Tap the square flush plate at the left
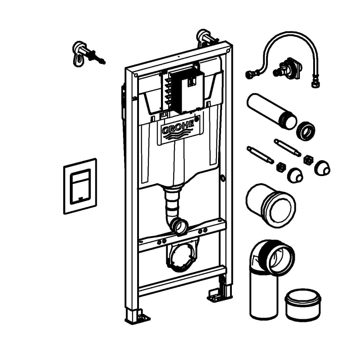coord(80,186)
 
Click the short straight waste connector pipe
coord(270,205)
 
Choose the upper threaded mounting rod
coord(287,148)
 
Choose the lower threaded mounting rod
coord(260,155)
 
